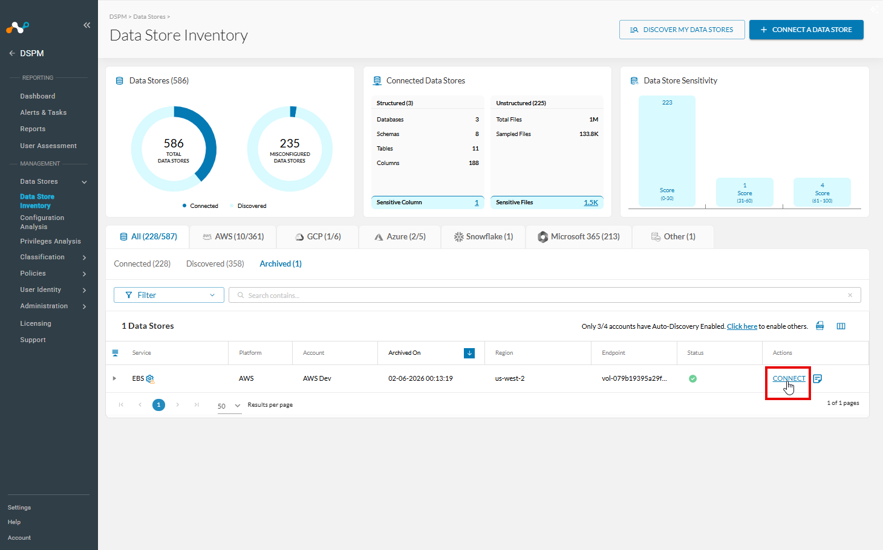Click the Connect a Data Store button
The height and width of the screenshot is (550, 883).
[x=806, y=30]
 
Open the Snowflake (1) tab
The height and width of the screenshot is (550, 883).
[x=483, y=237]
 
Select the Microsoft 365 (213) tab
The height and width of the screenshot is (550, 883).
[x=579, y=237]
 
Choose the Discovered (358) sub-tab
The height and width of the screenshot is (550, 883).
[x=215, y=264]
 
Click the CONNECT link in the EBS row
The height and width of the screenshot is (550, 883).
[x=789, y=378]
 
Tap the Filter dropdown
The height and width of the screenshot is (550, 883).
[x=169, y=295]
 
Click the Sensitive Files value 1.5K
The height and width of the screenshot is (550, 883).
[x=591, y=202]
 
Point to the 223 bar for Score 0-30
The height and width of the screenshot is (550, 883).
[x=667, y=150]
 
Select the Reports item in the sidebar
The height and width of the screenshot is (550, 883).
[x=33, y=129]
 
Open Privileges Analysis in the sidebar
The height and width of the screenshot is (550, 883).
[x=50, y=241]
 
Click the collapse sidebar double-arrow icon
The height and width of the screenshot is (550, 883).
[x=86, y=25]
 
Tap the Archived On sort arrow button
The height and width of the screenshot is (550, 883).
[x=469, y=353]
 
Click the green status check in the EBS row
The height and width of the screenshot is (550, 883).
[x=692, y=378]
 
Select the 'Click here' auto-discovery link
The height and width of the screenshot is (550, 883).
[x=742, y=326]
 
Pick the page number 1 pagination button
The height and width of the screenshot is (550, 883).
[x=158, y=404]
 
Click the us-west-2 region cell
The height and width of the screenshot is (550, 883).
[x=510, y=378]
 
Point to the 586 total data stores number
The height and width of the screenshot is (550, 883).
[x=174, y=143]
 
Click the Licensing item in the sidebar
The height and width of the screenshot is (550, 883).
[x=36, y=323]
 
